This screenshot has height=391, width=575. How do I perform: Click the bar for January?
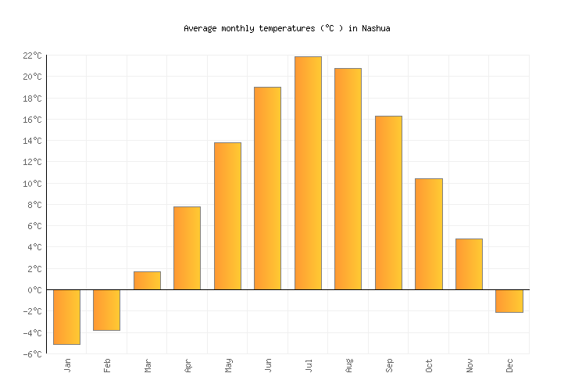point(66,317)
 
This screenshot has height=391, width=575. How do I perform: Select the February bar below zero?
point(106,310)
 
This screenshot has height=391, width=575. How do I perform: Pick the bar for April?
point(187,248)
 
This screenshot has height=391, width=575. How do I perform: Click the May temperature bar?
point(227,216)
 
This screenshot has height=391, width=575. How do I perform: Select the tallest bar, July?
point(308,173)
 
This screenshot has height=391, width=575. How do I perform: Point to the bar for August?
point(348,179)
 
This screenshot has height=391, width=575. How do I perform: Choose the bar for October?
point(428,234)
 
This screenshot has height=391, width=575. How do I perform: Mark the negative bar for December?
point(509,301)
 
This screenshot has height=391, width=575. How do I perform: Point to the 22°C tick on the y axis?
point(32,56)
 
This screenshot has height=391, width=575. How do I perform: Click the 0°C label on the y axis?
point(34,290)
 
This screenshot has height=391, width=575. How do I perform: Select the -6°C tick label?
point(32,354)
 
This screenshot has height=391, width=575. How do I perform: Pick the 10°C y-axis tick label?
point(32,184)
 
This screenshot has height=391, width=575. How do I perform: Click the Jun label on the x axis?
point(268,366)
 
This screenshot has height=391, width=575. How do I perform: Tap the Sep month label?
point(388,366)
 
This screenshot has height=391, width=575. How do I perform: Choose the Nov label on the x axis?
point(469,366)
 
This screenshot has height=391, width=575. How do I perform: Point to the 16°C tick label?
point(32,120)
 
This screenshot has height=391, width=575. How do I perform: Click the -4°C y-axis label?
point(32,333)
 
